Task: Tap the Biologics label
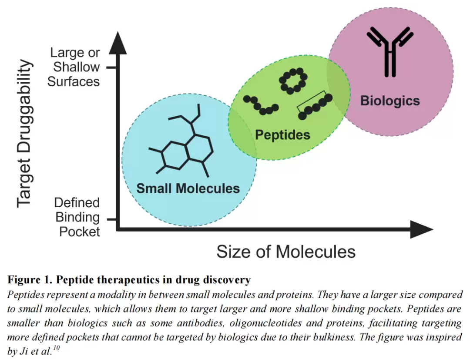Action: click(x=390, y=101)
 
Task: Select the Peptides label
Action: click(x=282, y=135)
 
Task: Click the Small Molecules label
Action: click(x=188, y=188)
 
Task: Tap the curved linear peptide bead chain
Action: click(x=261, y=105)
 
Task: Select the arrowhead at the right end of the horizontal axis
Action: click(x=422, y=229)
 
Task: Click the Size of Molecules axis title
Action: click(x=286, y=252)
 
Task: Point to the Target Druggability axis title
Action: click(x=24, y=133)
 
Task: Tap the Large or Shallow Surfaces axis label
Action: click(x=74, y=67)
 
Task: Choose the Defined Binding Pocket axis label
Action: click(x=77, y=217)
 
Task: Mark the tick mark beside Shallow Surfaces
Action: click(x=111, y=67)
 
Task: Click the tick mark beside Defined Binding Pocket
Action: click(x=111, y=219)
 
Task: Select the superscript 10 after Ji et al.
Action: click(x=56, y=348)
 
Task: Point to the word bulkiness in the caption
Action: click(x=334, y=337)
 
